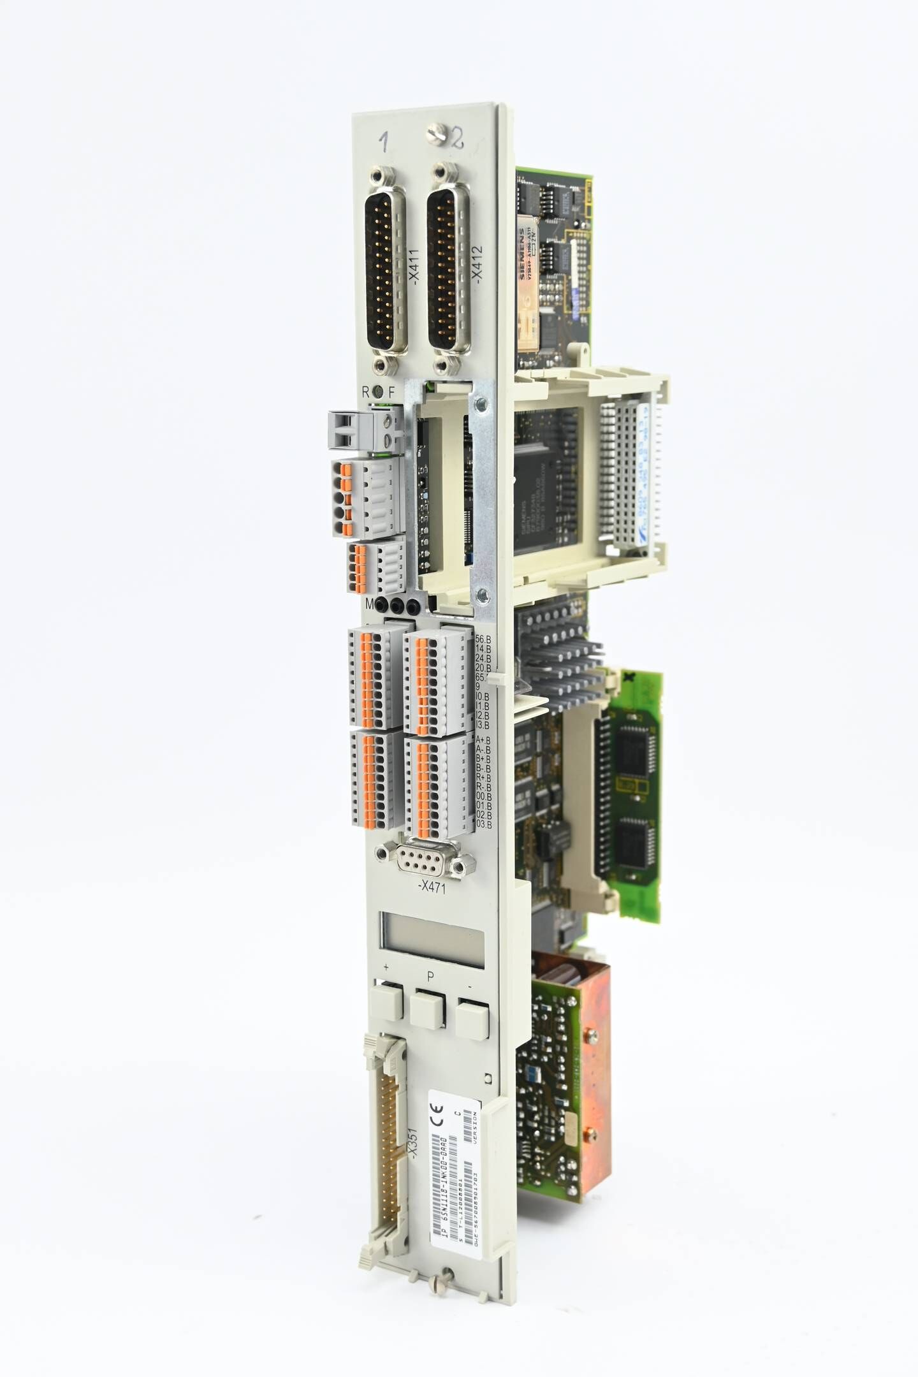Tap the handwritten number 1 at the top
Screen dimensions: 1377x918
tap(384, 141)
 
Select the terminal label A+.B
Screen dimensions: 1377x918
tap(483, 739)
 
